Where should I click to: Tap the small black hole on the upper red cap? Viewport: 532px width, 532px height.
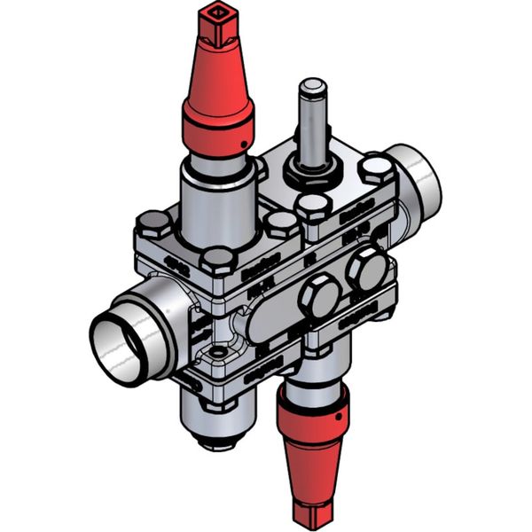tap(240, 143)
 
